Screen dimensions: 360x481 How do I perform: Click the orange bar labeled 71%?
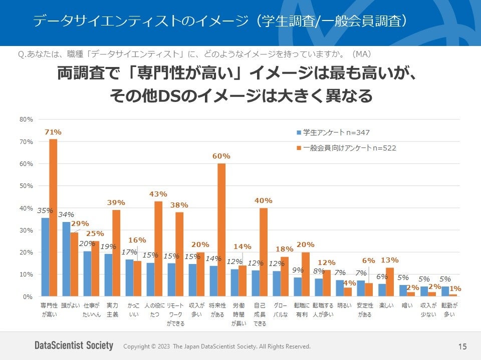(53, 217)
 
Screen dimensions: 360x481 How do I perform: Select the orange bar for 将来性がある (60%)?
(221, 230)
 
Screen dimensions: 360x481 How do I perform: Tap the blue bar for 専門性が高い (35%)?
(45, 257)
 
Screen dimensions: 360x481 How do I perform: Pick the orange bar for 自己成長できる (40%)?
(264, 252)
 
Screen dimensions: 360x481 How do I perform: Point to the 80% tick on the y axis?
(27, 119)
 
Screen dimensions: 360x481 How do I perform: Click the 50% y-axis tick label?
(27, 186)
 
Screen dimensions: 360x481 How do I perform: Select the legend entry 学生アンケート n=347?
(333, 132)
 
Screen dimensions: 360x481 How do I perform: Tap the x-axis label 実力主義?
(112, 309)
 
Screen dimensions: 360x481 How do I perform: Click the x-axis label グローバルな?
(281, 309)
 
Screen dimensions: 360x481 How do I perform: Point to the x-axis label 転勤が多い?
(449, 309)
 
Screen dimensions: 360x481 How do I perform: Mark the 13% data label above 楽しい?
(389, 260)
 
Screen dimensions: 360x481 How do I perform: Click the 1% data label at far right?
(455, 288)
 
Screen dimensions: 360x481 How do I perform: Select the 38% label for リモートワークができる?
(179, 205)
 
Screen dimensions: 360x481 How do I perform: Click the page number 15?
(462, 346)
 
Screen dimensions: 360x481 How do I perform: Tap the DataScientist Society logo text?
(74, 346)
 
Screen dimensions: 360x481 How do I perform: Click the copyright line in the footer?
(216, 346)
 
